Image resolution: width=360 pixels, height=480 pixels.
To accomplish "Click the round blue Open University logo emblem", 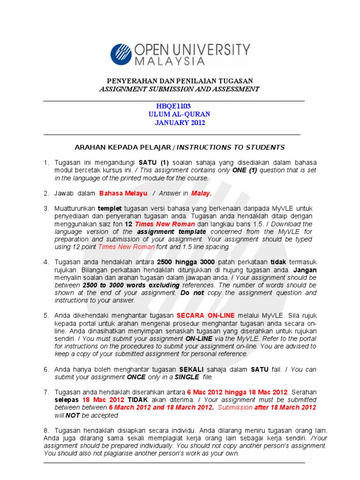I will pos(122,54).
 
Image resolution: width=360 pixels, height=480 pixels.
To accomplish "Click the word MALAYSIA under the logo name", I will pos(170,61).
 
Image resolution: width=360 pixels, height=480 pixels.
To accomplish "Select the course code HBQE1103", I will pos(173,106).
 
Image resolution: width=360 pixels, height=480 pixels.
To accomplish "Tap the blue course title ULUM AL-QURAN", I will pos(180,114).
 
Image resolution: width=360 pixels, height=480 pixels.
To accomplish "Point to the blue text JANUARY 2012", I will pos(180,123).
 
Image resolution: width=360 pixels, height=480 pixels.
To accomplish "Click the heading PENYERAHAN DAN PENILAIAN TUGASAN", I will pos(180,81).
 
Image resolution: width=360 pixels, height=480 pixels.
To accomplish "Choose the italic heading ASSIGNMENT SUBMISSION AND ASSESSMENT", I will pos(179,89).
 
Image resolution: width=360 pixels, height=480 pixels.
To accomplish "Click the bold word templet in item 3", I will pos(110,208).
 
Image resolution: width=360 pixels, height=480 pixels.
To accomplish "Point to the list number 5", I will pos(46,315).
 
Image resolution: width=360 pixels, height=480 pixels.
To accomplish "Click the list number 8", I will pos(46,430).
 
